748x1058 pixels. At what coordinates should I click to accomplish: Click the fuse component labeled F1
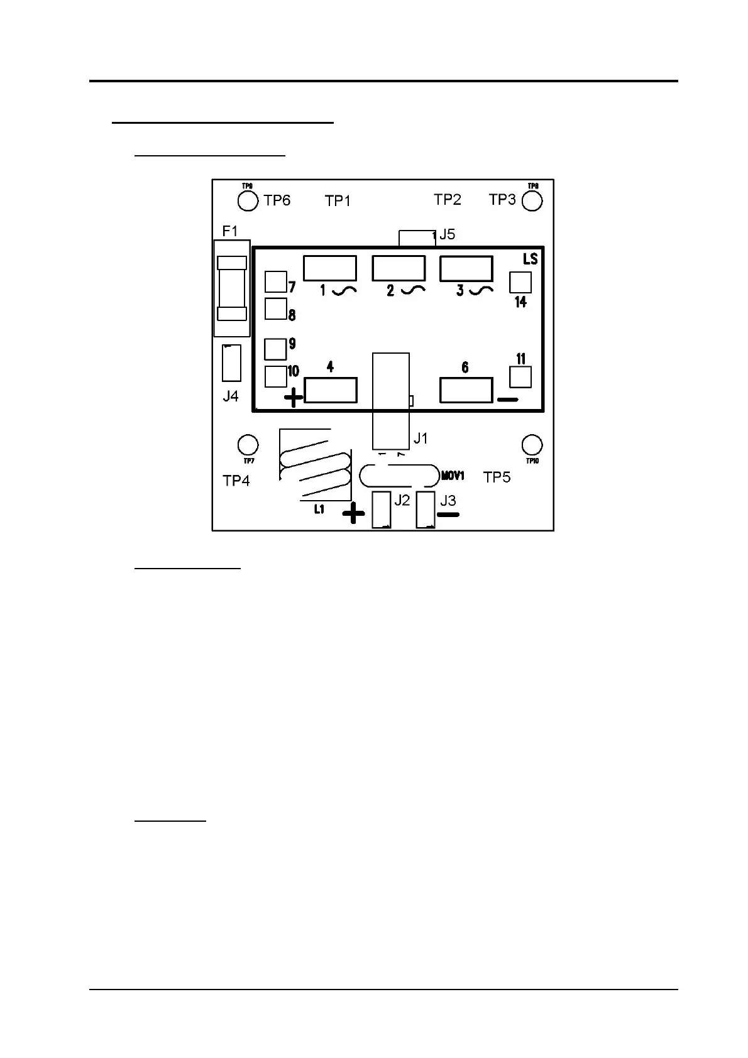click(x=231, y=288)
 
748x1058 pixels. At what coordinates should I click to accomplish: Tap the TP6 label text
click(x=277, y=200)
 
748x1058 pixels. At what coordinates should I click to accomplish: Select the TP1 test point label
click(x=338, y=201)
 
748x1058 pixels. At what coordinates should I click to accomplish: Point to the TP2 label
click(x=447, y=200)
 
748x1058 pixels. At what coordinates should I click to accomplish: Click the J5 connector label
click(x=447, y=234)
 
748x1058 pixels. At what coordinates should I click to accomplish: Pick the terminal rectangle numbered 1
click(x=330, y=268)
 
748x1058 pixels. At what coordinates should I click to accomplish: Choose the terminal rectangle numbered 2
click(x=399, y=268)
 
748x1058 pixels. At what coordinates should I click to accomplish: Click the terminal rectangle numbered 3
click(x=466, y=268)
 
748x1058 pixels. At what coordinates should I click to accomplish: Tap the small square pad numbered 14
click(x=520, y=282)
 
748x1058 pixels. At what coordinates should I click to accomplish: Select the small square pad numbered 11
click(x=520, y=377)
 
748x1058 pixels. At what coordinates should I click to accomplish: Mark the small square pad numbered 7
click(x=275, y=282)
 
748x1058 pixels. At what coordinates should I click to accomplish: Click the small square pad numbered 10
click(x=275, y=376)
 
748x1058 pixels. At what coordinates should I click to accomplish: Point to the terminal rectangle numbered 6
click(x=466, y=390)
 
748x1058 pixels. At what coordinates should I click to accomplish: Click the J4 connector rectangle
click(x=231, y=363)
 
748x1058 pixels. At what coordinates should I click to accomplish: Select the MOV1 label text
click(x=453, y=476)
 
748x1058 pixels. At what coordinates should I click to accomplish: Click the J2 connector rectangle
click(x=382, y=510)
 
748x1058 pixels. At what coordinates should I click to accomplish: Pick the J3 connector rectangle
click(x=426, y=510)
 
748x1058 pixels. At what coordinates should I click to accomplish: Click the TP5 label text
click(x=497, y=477)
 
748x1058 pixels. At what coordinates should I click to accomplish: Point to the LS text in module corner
click(x=530, y=259)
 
